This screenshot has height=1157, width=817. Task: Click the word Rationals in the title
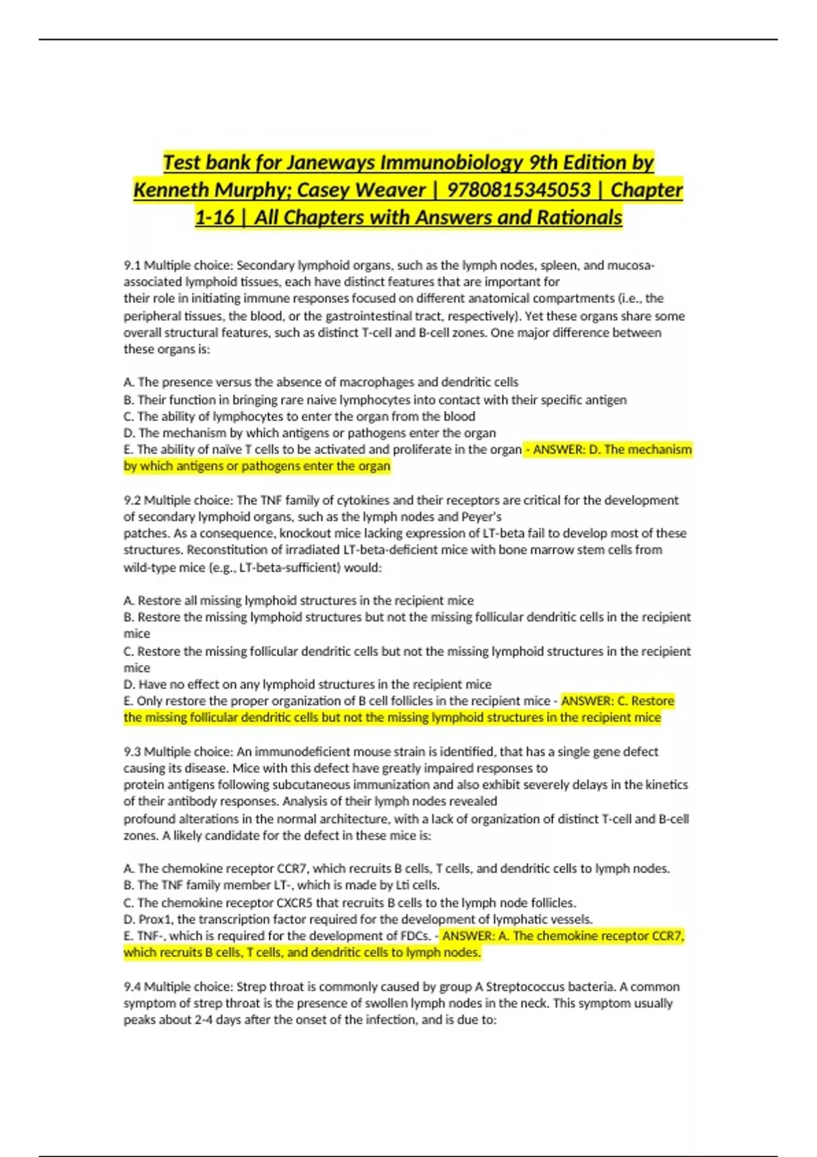point(579,217)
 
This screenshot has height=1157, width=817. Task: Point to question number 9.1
point(132,265)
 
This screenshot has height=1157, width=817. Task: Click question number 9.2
point(132,500)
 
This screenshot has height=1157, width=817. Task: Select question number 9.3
point(132,751)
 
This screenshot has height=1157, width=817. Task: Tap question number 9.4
point(132,986)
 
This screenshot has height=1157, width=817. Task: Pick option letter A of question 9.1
point(129,382)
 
